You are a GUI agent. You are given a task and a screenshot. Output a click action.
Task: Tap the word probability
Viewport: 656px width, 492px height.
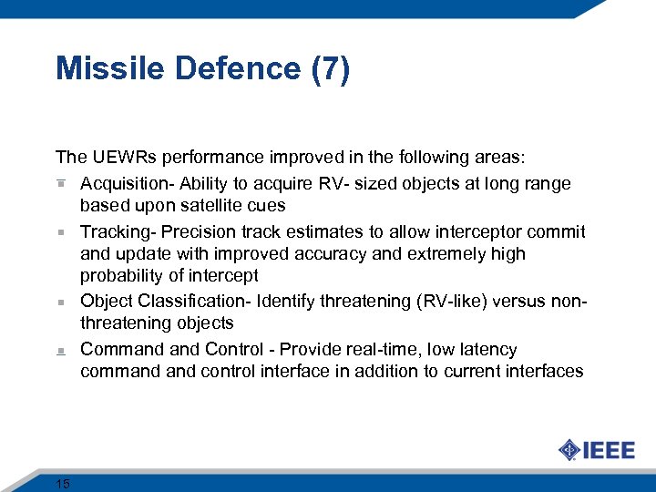point(124,276)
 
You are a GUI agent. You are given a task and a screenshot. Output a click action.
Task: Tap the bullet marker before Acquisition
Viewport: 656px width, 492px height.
point(60,184)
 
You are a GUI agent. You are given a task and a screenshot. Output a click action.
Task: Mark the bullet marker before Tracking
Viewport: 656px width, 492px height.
point(60,232)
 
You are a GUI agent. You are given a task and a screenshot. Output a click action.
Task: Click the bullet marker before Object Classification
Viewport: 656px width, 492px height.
point(60,301)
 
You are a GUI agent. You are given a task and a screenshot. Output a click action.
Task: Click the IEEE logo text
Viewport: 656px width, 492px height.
point(609,450)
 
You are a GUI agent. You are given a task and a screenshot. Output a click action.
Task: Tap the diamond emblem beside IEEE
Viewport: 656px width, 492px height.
point(569,450)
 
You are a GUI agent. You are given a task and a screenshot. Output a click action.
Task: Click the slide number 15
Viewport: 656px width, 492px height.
point(63,483)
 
